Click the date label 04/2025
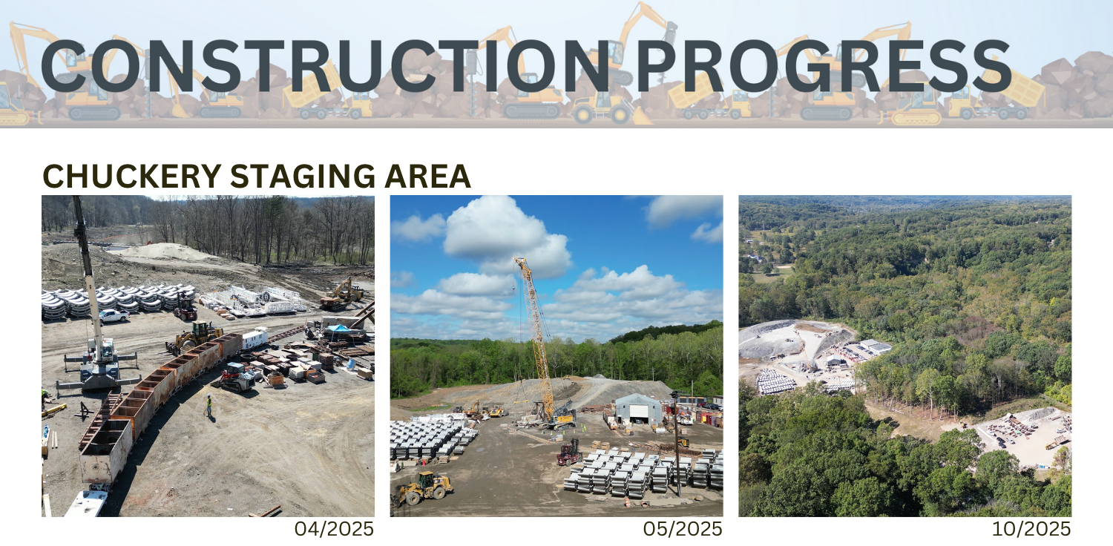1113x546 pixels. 334,529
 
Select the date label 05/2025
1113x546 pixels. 683,529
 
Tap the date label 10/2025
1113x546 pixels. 1031,529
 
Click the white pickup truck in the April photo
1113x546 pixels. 113,315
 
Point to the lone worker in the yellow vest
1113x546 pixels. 209,405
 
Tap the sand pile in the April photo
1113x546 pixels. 167,252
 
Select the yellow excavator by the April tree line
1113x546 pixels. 342,293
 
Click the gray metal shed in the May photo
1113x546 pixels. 638,409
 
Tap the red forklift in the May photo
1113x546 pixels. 569,452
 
